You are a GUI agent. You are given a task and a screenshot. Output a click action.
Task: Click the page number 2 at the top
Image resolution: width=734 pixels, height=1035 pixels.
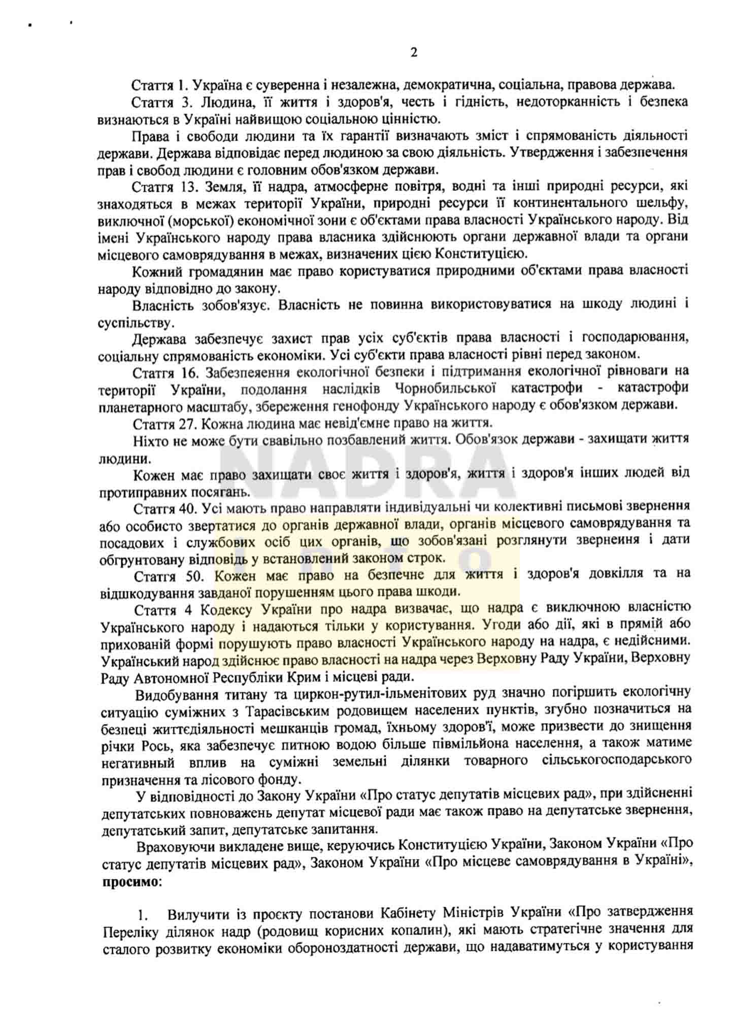pyautogui.click(x=414, y=52)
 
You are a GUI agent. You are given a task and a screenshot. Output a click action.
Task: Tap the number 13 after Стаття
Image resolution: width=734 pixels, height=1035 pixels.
pyautogui.click(x=188, y=186)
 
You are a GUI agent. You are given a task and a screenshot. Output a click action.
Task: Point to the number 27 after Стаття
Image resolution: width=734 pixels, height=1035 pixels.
pyautogui.click(x=188, y=423)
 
